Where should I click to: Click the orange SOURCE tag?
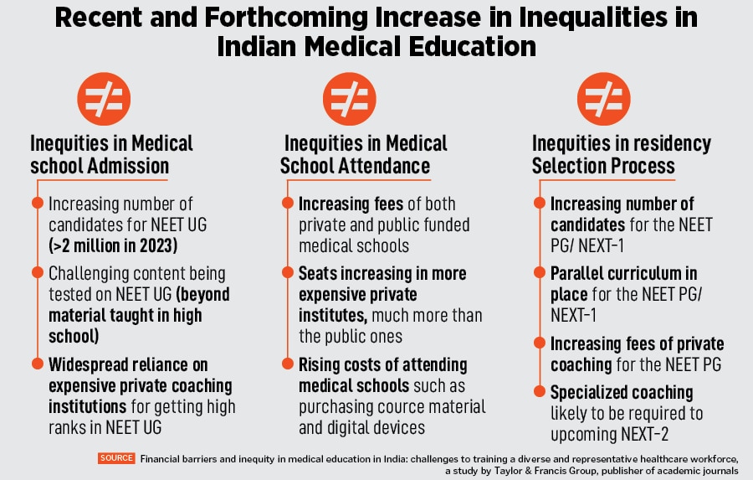(x=116, y=458)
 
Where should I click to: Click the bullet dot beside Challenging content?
(x=37, y=273)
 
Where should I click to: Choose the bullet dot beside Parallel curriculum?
(x=538, y=273)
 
